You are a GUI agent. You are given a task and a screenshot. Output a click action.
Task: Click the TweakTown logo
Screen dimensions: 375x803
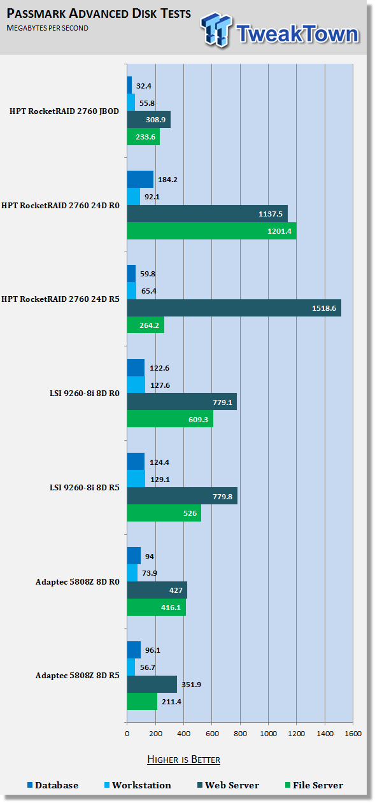point(280,31)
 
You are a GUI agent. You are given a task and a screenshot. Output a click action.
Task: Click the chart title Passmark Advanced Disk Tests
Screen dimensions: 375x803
point(99,13)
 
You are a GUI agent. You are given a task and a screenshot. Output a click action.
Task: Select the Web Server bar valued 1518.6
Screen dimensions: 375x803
point(234,308)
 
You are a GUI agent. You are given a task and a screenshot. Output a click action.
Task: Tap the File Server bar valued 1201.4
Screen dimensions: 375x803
point(212,231)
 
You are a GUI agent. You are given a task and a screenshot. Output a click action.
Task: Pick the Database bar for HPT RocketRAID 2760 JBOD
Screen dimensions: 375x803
point(129,85)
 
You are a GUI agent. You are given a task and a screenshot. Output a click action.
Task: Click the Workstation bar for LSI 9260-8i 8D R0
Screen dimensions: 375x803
point(136,385)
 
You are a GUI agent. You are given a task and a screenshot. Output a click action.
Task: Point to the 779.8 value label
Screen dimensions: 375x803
point(222,497)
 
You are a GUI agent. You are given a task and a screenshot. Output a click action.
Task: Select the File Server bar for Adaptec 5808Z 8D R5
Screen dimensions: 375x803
point(142,701)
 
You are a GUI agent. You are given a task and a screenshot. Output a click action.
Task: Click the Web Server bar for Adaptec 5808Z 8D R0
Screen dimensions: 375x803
point(157,590)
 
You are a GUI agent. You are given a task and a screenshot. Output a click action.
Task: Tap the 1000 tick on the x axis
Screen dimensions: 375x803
point(268,734)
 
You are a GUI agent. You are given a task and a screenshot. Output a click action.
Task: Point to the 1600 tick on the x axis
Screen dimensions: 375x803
point(353,734)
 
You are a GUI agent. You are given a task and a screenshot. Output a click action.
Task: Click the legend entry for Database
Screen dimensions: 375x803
point(53,785)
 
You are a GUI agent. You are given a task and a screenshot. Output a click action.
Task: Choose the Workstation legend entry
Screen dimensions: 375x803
point(138,785)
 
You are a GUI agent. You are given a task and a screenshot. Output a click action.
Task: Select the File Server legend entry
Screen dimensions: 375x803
point(314,785)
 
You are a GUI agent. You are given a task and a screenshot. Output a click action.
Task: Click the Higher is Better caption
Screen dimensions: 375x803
point(183,759)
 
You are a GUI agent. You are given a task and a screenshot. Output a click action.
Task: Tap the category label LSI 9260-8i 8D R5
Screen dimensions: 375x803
point(85,488)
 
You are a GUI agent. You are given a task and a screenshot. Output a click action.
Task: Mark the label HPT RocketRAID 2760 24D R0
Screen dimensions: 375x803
point(60,206)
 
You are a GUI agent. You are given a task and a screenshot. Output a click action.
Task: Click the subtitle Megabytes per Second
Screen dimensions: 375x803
point(47,28)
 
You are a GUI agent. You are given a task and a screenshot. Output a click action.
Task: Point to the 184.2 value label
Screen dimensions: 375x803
point(168,180)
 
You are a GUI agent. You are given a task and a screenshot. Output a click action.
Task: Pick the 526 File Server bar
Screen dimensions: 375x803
point(164,513)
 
